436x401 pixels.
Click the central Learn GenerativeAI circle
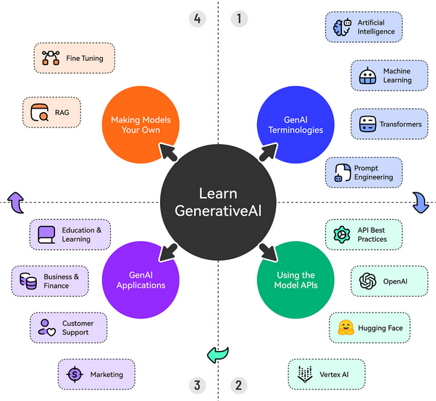pyautogui.click(x=218, y=202)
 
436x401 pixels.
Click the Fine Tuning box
pyautogui.click(x=74, y=58)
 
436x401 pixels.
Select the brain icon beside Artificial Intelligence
pyautogui.click(x=341, y=28)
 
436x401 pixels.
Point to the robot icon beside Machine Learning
pyautogui.click(x=367, y=76)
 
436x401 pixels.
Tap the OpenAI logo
pyautogui.click(x=367, y=280)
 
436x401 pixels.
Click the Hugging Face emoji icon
pyautogui.click(x=345, y=328)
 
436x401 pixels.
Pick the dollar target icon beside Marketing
pyautogui.click(x=74, y=374)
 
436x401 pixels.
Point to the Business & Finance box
pyautogui.click(x=51, y=281)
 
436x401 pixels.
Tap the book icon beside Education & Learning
pyautogui.click(x=47, y=235)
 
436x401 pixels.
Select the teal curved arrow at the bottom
pyautogui.click(x=217, y=354)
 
